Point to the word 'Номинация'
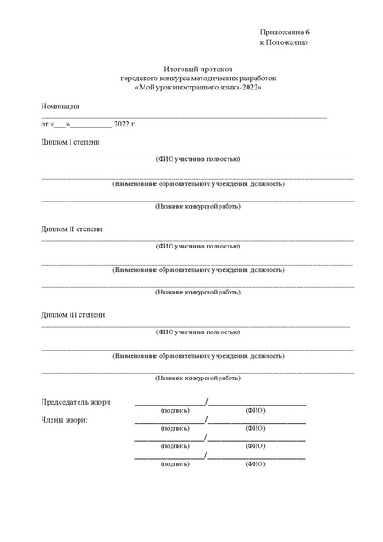click(61, 106)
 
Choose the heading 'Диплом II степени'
click(72, 229)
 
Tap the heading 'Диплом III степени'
click(73, 314)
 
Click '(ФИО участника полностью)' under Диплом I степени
click(198, 159)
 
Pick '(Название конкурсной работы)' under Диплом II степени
click(198, 293)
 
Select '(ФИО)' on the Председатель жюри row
click(255, 410)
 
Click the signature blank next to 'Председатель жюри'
click(170, 402)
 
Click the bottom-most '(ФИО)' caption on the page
click(255, 463)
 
